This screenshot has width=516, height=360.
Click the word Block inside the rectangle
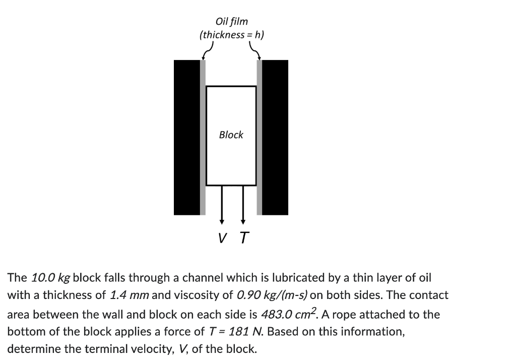(231, 135)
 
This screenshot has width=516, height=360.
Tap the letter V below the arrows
(222, 237)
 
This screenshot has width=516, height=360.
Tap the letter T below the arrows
(244, 237)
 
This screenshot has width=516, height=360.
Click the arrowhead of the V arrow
(222, 220)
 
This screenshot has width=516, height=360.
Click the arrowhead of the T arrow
(243, 220)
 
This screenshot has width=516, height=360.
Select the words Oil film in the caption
(231, 22)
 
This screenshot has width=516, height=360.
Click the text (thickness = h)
(231, 35)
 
